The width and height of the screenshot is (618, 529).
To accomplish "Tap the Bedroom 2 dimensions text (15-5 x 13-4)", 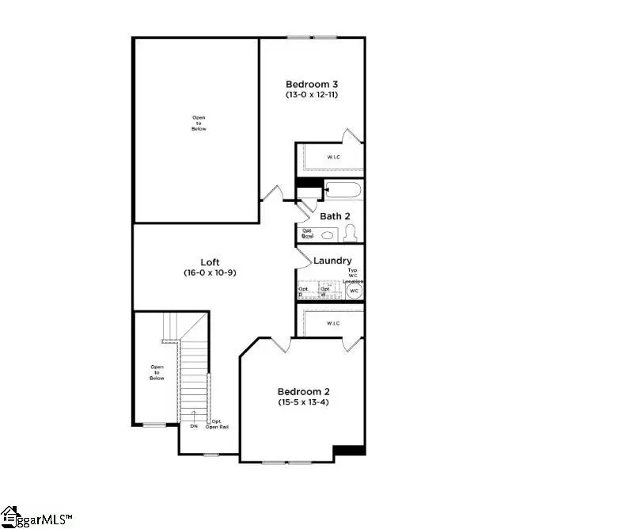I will [303, 402].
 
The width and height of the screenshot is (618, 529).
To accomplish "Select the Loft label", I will [210, 262].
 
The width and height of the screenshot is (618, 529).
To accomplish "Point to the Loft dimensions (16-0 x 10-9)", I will [210, 272].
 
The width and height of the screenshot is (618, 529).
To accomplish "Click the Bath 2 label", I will [335, 215].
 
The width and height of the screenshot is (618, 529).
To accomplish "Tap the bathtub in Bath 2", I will [343, 190].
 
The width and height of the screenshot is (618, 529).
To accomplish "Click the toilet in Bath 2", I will [351, 233].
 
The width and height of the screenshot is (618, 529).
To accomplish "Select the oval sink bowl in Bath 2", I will [328, 235].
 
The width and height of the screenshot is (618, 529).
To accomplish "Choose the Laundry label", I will [332, 261].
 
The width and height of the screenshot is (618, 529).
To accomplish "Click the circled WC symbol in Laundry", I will [354, 291].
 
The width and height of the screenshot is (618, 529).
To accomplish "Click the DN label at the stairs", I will [194, 426].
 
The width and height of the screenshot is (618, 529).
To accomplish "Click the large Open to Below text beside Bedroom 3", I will [199, 123].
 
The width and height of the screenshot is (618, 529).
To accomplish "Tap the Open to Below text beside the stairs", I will [157, 372].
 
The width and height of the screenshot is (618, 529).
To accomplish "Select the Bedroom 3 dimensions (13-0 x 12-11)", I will [312, 95].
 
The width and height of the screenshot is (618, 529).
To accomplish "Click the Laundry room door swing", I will [304, 257].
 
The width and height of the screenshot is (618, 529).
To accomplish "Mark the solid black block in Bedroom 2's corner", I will [348, 451].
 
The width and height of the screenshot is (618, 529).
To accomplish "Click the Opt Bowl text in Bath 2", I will [308, 234].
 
